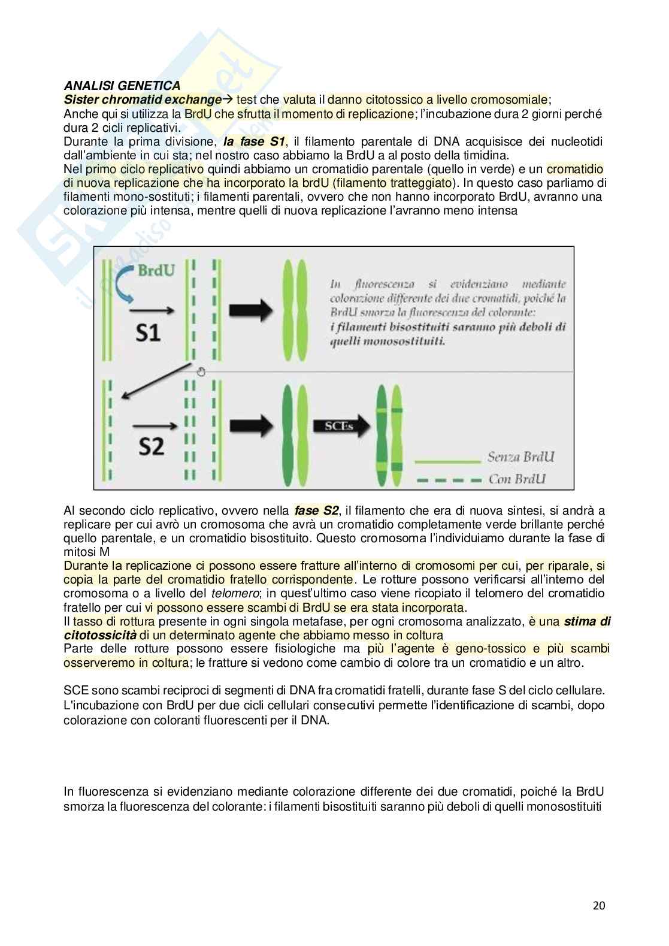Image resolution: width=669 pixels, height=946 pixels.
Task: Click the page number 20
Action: [x=599, y=905]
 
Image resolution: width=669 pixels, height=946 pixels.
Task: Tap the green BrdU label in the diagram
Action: [x=156, y=270]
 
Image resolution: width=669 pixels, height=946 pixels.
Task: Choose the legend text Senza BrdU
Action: [x=520, y=457]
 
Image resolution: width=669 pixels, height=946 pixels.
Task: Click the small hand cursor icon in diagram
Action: [x=201, y=371]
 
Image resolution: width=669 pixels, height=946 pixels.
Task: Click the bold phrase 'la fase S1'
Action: [x=254, y=141]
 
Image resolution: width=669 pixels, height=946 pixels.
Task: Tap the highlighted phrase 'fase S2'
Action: [x=316, y=510]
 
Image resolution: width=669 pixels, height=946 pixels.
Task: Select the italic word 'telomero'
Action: [x=231, y=593]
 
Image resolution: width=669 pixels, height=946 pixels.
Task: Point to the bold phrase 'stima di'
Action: [x=587, y=621]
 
